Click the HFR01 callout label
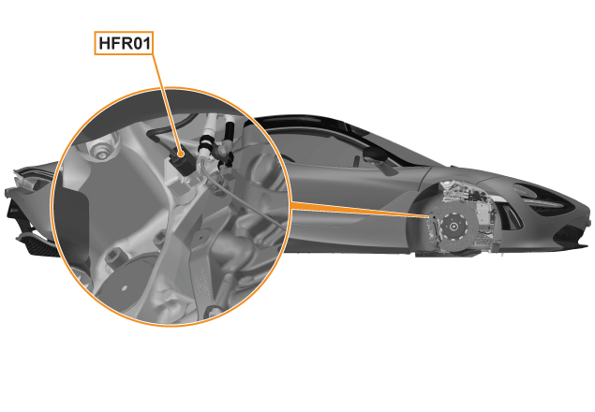coord(124,43)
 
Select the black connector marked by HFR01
coord(183,162)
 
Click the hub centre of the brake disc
coord(454,227)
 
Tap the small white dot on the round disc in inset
coord(124,288)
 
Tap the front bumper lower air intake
coord(568,235)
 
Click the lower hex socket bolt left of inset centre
coord(112,258)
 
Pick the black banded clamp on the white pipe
coord(207,144)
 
